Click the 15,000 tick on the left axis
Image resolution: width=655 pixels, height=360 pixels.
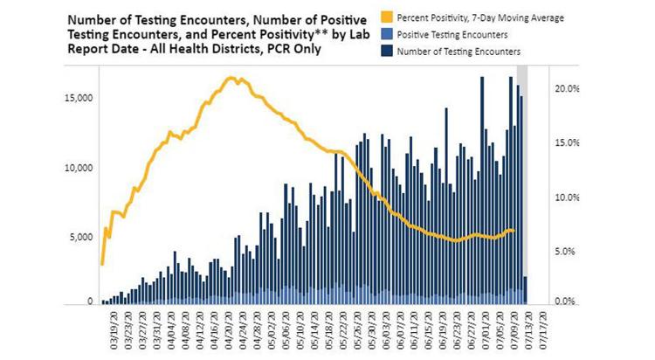click(x=79, y=98)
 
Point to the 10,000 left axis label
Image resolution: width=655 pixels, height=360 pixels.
click(x=79, y=168)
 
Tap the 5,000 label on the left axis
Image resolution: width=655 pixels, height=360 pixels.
click(x=81, y=237)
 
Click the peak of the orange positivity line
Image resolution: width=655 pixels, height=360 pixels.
click(x=231, y=78)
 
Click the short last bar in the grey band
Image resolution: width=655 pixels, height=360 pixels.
click(x=525, y=290)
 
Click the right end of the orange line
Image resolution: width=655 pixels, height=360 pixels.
click(x=515, y=231)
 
